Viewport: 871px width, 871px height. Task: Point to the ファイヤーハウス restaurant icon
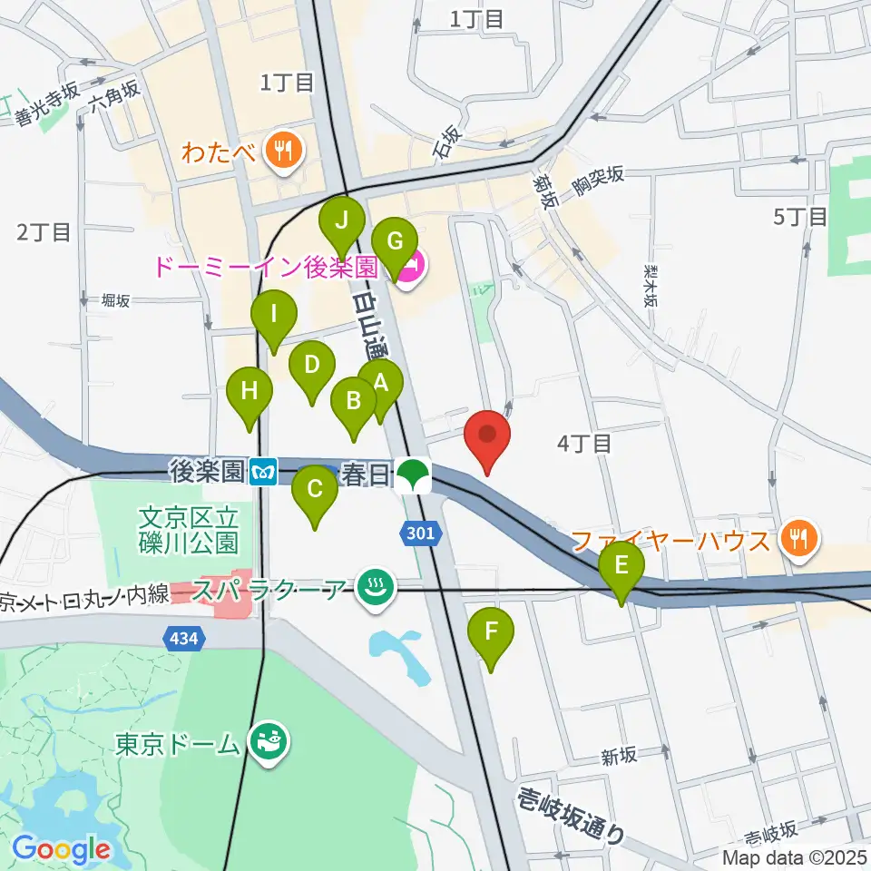point(800,541)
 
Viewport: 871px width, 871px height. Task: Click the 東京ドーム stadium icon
point(269,744)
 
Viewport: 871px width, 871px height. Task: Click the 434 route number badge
point(182,639)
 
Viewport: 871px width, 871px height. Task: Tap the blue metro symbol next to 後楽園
point(264,471)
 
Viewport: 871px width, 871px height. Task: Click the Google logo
point(61,849)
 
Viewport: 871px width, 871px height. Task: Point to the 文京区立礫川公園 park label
point(189,531)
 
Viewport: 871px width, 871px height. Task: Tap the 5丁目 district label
point(799,217)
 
